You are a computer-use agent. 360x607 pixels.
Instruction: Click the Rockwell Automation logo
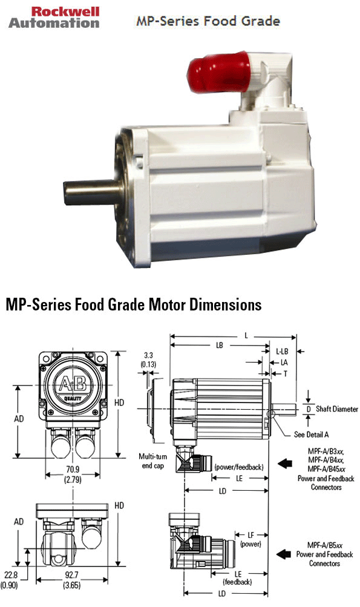[x=53, y=17]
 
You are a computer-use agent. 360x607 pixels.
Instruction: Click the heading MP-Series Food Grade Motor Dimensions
[x=133, y=304]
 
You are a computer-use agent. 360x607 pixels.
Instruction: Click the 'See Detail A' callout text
[x=311, y=435]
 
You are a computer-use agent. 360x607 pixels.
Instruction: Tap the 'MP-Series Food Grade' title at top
[x=208, y=21]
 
